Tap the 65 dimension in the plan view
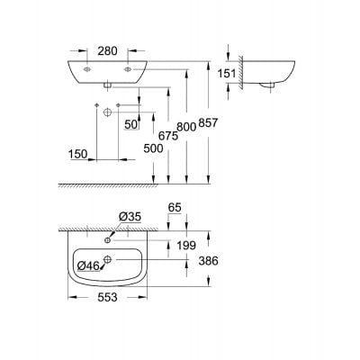point(175,206)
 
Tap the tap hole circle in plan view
point(108,240)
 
